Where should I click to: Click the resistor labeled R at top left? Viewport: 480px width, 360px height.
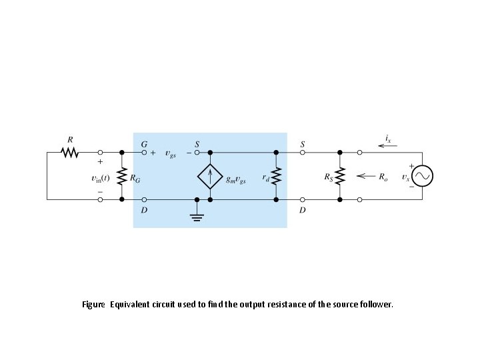(x=70, y=153)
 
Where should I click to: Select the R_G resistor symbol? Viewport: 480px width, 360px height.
(x=122, y=176)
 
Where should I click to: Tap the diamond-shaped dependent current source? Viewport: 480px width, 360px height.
(x=211, y=176)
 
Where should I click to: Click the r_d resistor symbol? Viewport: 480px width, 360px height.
(x=276, y=176)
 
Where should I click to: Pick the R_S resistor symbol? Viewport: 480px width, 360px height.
(x=339, y=176)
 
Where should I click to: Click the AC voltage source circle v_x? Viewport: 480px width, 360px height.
(x=422, y=176)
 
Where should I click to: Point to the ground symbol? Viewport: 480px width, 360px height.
(x=196, y=216)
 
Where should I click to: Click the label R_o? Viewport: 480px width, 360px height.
(x=383, y=177)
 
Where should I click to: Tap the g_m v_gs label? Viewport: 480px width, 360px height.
(x=236, y=179)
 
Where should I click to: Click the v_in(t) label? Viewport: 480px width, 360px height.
(x=100, y=178)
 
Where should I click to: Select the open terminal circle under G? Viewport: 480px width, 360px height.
(x=146, y=153)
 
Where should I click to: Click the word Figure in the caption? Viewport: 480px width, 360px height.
(x=93, y=304)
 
